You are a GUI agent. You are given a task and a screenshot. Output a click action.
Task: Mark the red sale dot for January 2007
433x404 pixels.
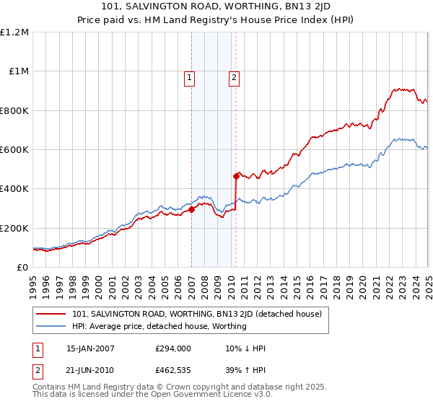pyautogui.click(x=191, y=210)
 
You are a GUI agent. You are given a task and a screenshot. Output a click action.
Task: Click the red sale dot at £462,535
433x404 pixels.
pyautogui.click(x=236, y=176)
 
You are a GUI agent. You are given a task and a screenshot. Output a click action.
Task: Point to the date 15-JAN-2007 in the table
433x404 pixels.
pyautogui.click(x=89, y=348)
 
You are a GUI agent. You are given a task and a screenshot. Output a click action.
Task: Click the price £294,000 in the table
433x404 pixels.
pyautogui.click(x=174, y=348)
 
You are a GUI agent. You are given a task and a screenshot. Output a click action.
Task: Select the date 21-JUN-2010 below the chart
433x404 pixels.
pyautogui.click(x=89, y=369)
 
